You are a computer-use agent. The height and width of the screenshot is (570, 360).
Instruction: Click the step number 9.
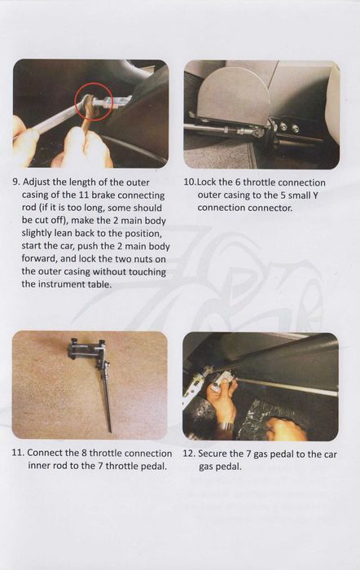[16, 182]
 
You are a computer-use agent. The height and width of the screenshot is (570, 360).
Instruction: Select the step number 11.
[18, 453]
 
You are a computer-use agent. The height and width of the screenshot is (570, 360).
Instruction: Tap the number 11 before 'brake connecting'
[84, 195]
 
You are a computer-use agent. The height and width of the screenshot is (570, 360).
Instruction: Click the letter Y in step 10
[315, 195]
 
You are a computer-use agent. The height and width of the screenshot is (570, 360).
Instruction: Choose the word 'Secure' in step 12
[212, 454]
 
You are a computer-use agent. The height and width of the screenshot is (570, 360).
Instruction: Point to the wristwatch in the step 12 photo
[226, 425]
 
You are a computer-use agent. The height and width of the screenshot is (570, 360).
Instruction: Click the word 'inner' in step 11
[39, 466]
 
